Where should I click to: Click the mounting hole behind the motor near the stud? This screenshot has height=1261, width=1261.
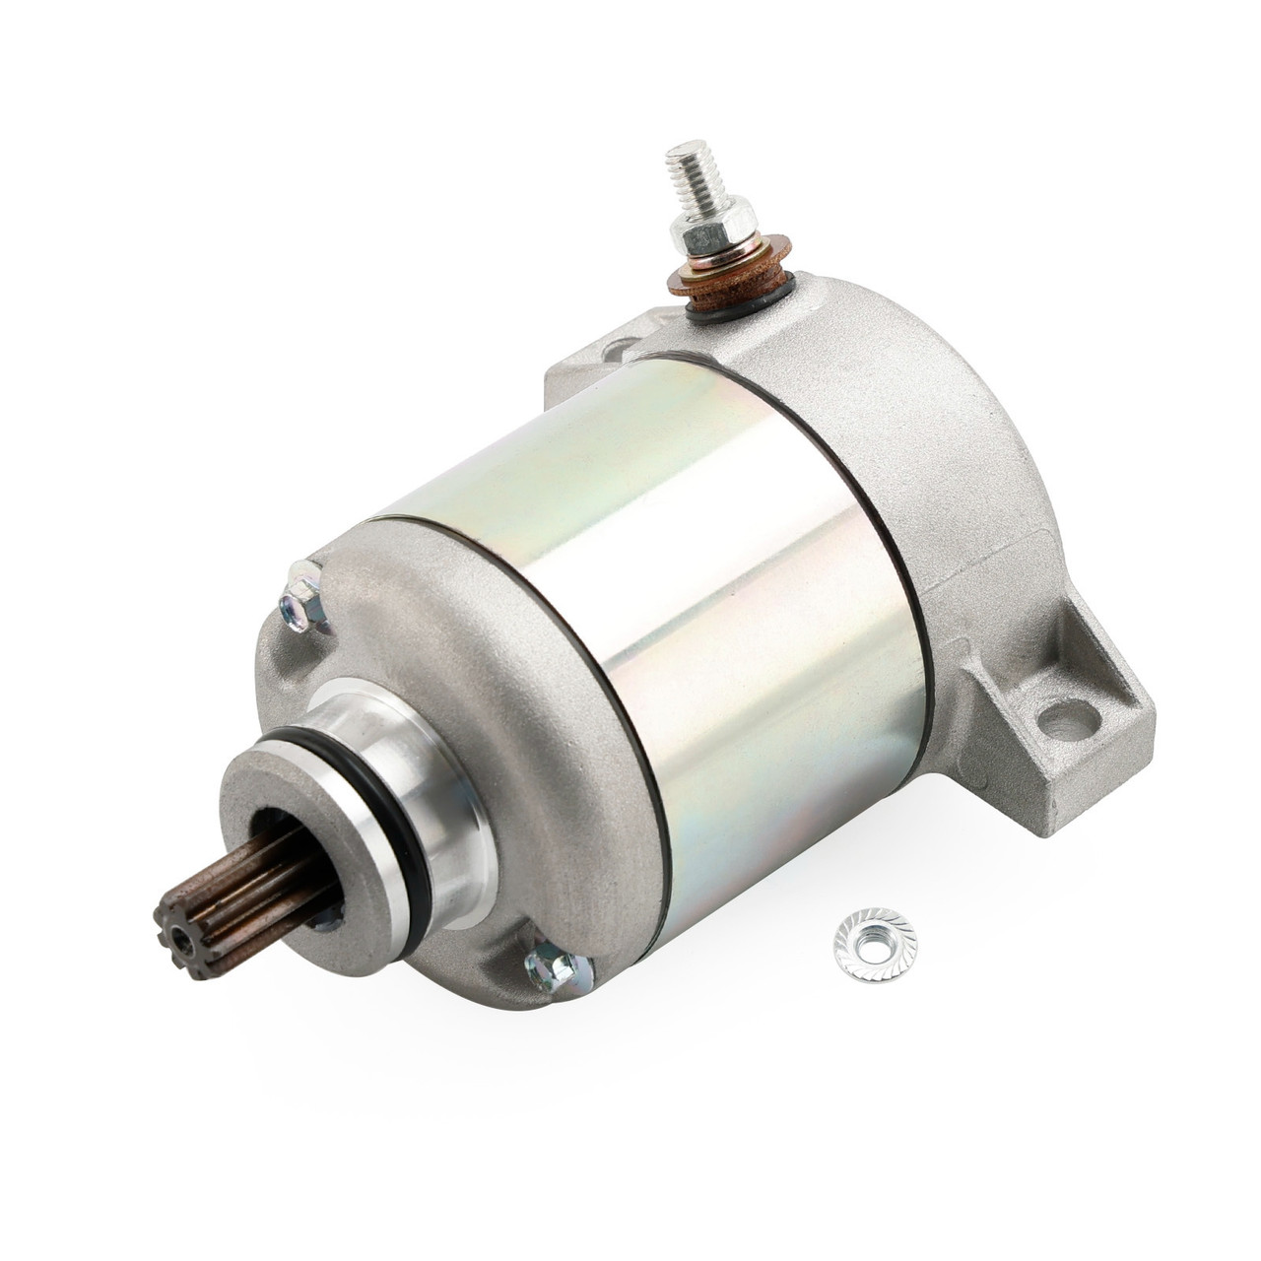coord(621,348)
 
